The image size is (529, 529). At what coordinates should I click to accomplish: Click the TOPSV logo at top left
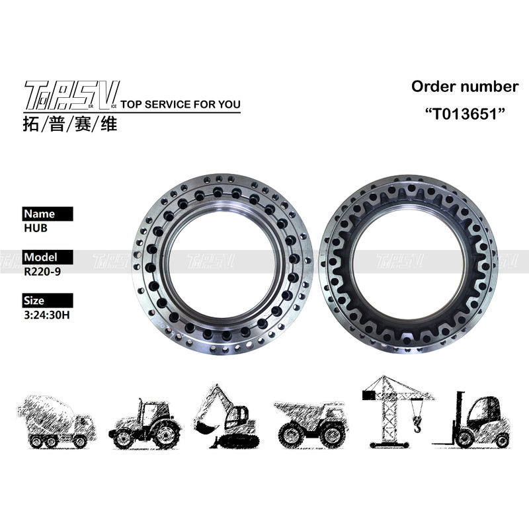[71, 95]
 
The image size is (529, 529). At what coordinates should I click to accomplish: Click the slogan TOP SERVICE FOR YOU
[181, 104]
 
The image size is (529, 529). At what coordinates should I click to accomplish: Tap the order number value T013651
[465, 114]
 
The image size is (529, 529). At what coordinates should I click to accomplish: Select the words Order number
[465, 87]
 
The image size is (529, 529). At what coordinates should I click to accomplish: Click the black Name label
[48, 214]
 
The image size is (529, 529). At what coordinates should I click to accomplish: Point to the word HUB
[36, 228]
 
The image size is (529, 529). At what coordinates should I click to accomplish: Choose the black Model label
[48, 257]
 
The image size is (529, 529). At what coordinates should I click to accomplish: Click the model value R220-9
[42, 272]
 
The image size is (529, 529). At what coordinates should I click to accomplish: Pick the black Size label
[48, 300]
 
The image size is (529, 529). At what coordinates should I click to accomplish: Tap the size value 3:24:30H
[47, 315]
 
